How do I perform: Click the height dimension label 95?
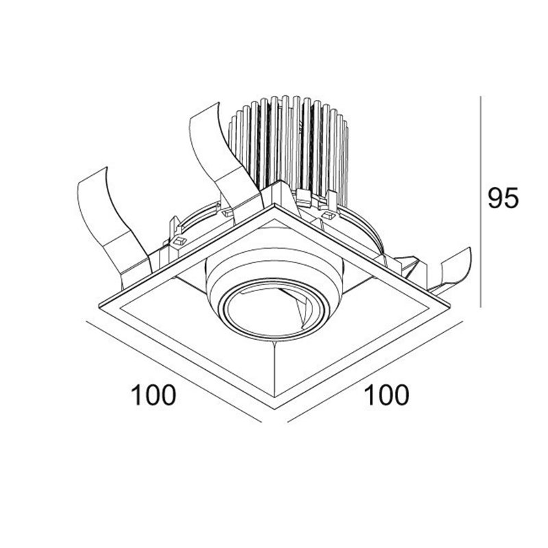click(503, 198)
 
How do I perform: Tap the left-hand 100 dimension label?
click(153, 395)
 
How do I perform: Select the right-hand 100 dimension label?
click(386, 395)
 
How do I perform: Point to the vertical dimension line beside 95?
click(481, 201)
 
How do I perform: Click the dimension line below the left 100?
click(174, 372)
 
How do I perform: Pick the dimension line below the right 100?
click(375, 371)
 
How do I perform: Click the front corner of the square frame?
click(275, 408)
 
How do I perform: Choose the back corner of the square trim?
click(275, 203)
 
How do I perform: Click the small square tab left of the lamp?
click(179, 241)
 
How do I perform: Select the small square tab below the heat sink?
click(329, 215)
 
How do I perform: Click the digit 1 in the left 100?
click(136, 395)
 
